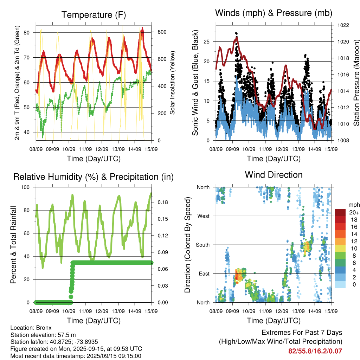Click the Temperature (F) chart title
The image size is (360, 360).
click(x=94, y=15)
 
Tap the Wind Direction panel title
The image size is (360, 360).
click(x=274, y=175)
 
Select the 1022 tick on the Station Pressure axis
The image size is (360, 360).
click(x=343, y=25)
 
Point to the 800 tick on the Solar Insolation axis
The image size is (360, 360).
click(x=162, y=32)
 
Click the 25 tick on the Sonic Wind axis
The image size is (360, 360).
click(x=206, y=42)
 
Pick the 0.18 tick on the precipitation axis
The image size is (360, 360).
click(x=163, y=202)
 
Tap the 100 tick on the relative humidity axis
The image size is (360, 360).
click(x=25, y=187)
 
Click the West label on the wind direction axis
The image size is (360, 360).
click(x=204, y=216)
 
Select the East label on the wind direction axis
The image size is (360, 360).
click(x=204, y=274)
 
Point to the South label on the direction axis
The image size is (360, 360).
click(x=203, y=245)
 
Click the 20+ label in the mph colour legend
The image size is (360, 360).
click(x=354, y=212)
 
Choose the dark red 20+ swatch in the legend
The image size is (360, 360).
click(x=340, y=212)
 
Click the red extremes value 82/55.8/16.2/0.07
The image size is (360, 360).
click(x=315, y=351)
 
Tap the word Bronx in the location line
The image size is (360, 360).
click(x=44, y=328)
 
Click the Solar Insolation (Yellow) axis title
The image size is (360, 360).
click(x=172, y=83)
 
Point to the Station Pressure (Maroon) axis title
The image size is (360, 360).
click(x=356, y=83)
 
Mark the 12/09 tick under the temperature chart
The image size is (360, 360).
click(x=102, y=149)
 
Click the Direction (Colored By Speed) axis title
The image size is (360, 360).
click(x=187, y=245)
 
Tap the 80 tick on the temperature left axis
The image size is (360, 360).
click(x=27, y=33)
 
